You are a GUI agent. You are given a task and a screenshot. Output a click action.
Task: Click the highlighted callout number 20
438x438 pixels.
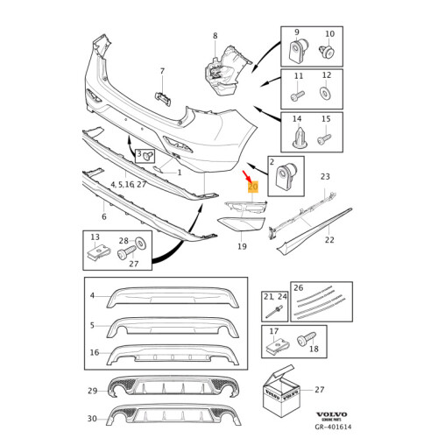tap(253, 187)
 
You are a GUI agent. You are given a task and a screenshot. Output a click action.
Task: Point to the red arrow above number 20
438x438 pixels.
tap(248, 176)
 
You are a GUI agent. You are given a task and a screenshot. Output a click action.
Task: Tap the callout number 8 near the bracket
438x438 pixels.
tap(215, 36)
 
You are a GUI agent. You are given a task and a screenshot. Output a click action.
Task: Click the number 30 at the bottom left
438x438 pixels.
tap(92, 418)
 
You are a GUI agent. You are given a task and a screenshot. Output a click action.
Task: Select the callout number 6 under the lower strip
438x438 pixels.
tap(103, 216)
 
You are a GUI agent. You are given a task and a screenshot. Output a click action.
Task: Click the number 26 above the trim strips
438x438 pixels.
tap(298, 286)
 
